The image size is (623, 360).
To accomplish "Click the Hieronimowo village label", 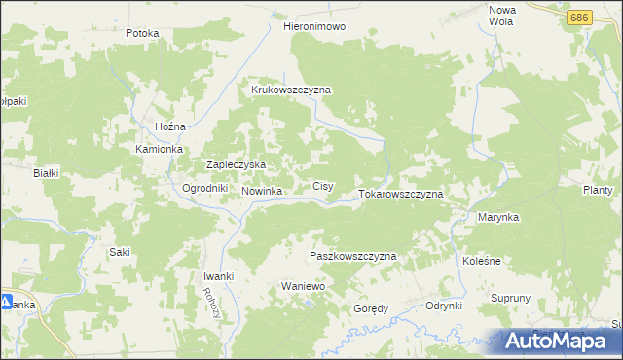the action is (314, 27).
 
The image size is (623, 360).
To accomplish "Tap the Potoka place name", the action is (142, 33).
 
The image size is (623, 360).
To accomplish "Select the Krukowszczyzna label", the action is (291, 90).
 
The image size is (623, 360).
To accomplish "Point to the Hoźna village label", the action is (170, 127).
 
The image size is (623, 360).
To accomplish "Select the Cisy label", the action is (323, 185).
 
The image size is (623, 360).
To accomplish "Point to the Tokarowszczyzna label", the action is (401, 194).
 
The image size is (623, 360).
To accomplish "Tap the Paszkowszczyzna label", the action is (352, 256).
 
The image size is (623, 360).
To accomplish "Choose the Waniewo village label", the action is (302, 288).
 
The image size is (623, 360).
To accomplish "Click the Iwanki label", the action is (218, 277).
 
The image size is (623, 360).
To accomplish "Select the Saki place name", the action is (120, 252).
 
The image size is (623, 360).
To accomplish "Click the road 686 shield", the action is (580, 18).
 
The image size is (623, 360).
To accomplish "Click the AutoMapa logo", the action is (559, 342).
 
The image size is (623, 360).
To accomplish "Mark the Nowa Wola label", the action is (500, 15).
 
